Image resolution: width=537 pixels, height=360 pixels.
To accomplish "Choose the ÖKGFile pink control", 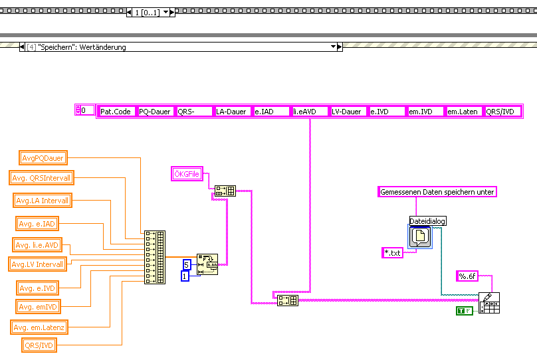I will click(186, 174).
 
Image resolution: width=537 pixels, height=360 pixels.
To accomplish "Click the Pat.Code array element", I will click(116, 112).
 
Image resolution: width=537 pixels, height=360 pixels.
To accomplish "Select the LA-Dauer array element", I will click(233, 112).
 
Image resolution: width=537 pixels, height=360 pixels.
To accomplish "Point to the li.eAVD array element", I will click(310, 112).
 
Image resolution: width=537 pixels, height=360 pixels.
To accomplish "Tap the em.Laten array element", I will click(464, 112).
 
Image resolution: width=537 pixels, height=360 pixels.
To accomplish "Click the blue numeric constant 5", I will click(187, 264).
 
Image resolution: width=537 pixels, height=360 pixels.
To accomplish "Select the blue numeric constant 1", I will click(185, 276).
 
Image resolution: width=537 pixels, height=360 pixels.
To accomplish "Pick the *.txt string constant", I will click(398, 253).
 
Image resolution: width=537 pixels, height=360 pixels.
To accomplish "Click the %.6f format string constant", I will click(468, 276).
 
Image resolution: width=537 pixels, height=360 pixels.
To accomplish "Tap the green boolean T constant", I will click(464, 310).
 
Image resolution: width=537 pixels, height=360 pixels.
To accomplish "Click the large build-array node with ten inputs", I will click(154, 258).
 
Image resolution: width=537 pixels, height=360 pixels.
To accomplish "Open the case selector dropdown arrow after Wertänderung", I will click(334, 47).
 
